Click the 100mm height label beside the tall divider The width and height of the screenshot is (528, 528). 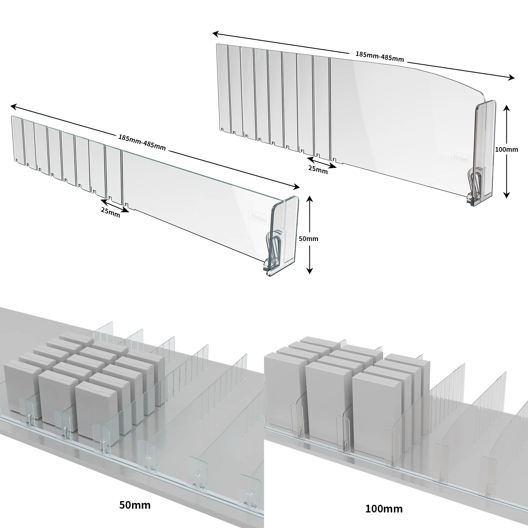click(506, 149)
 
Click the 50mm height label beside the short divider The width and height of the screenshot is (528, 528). click(308, 239)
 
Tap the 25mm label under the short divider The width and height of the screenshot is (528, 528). click(110, 212)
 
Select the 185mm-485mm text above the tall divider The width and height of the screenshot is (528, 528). click(380, 56)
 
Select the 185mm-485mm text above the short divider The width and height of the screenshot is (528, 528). click(142, 142)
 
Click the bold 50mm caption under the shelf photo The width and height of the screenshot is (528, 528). click(135, 505)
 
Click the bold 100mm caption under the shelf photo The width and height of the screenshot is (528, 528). click(384, 509)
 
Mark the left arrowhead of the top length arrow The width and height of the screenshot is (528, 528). click(215, 34)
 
